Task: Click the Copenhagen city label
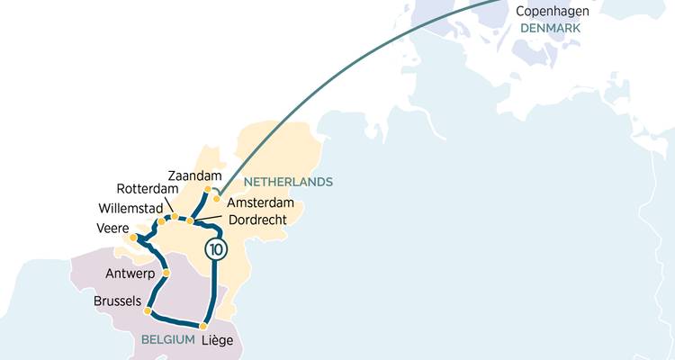click(x=553, y=11)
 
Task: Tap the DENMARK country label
click(x=551, y=29)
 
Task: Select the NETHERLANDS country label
click(x=288, y=181)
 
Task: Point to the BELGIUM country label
click(x=168, y=339)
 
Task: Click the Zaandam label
click(x=194, y=175)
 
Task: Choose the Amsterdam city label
click(x=261, y=202)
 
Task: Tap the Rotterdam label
click(x=148, y=189)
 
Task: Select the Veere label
click(x=112, y=228)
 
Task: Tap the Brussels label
click(x=117, y=302)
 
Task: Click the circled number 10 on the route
click(x=214, y=249)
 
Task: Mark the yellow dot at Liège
click(x=203, y=326)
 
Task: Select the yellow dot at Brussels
click(x=148, y=310)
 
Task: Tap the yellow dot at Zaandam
click(x=208, y=190)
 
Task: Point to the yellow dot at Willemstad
click(x=161, y=221)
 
